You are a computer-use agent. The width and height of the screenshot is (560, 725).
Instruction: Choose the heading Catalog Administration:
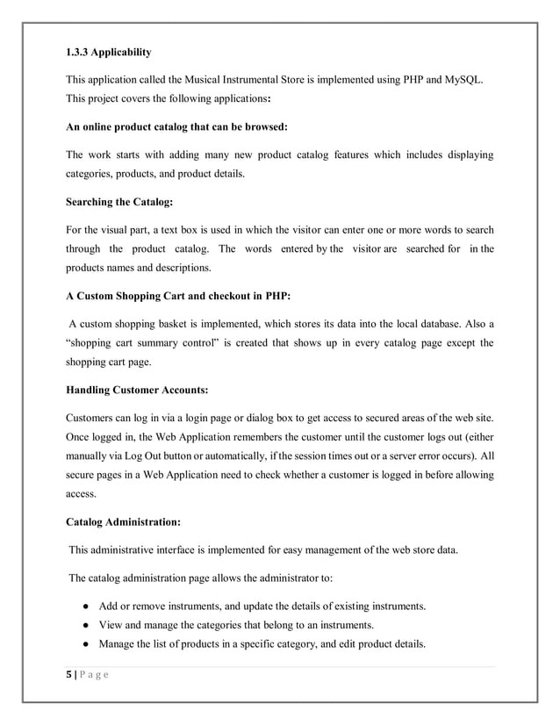click(x=124, y=522)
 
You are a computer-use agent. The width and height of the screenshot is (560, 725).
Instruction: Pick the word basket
click(x=183, y=324)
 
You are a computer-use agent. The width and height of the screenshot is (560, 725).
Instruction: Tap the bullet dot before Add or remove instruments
click(x=81, y=607)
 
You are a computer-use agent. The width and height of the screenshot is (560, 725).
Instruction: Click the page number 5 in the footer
click(x=69, y=678)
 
